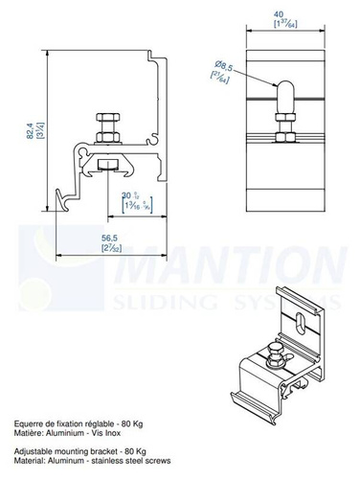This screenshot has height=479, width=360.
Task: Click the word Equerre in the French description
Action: pyautogui.click(x=32, y=422)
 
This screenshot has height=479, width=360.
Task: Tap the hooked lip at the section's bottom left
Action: pyautogui.click(x=62, y=199)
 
